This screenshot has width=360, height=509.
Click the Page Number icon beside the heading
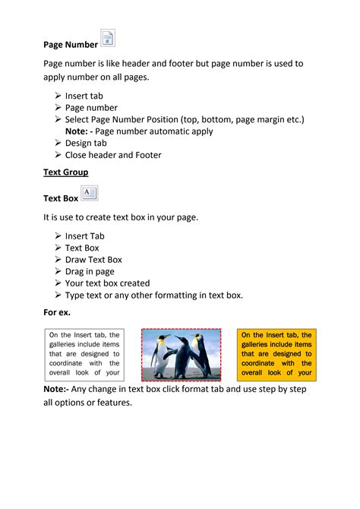[108, 40]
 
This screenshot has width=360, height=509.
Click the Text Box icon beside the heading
[89, 193]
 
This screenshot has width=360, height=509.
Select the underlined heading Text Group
[65, 172]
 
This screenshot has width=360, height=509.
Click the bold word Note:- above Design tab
[81, 131]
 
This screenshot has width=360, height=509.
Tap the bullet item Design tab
[86, 143]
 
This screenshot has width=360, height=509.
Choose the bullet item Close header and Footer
[113, 155]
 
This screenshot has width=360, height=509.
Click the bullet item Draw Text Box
[93, 260]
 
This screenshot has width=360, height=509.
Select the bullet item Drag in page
[90, 271]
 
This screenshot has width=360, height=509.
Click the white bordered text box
[84, 353]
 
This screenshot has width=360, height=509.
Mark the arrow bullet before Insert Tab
[58, 236]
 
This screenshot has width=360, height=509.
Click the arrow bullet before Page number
[58, 108]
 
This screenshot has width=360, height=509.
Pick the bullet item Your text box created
[107, 283]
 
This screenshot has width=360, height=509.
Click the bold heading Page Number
[70, 45]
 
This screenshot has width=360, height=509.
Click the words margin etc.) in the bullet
[273, 120]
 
